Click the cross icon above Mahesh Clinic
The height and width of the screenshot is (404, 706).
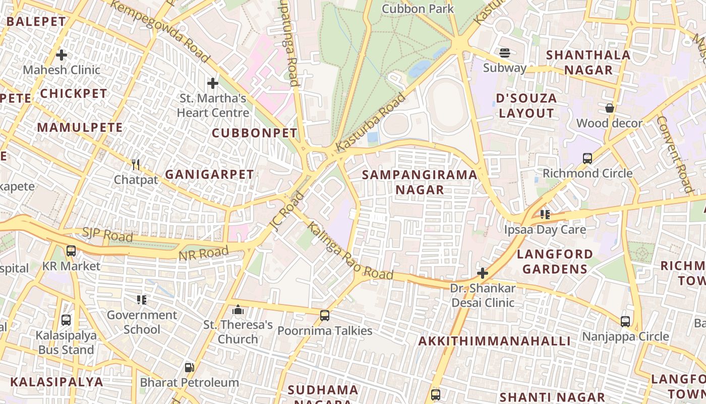[x=62, y=55]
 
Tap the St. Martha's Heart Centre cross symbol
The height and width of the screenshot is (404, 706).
[x=213, y=83]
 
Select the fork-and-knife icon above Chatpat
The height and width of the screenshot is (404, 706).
[x=135, y=164]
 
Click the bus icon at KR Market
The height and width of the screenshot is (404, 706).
[x=71, y=250]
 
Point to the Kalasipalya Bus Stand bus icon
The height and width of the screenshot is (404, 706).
[x=66, y=320]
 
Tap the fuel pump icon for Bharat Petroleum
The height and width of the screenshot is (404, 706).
[x=189, y=368]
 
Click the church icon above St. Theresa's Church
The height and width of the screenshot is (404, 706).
[x=238, y=310]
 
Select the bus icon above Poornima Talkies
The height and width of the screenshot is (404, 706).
[x=325, y=316]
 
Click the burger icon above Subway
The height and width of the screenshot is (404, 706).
[x=504, y=53]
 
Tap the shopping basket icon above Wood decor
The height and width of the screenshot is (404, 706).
[x=609, y=108]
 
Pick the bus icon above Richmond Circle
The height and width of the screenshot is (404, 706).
[x=587, y=158]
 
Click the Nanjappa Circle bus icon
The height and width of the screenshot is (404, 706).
[x=625, y=321]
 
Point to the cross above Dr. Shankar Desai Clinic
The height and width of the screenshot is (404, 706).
[x=483, y=273]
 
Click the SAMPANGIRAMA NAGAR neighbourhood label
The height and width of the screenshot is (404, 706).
[x=420, y=182]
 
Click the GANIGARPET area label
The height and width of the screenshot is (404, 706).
[x=209, y=175]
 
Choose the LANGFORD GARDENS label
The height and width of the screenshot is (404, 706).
[x=555, y=261]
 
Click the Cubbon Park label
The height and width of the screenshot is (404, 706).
[x=418, y=9]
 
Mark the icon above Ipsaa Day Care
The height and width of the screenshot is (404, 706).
[x=545, y=215]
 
